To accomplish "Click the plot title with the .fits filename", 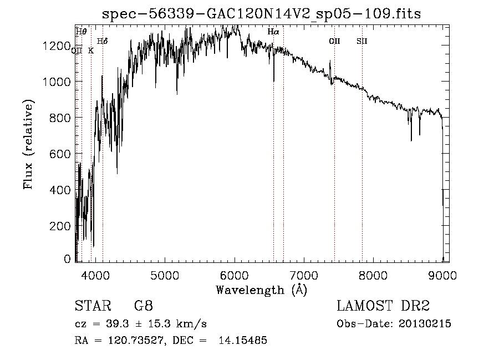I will pos(262,14).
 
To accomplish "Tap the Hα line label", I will pos(273,32).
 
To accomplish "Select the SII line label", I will pos(362,41).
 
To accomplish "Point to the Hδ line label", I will pos(103,41).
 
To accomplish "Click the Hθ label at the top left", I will pos(81,32).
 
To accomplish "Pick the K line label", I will pos(91,50).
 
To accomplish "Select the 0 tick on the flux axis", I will pos(68,258).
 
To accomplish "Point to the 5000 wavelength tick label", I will pos(164,275).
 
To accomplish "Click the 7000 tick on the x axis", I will pos(303,275).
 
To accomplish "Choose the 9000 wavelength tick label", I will pos(442,275).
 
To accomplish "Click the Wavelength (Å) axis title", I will pos(261,290).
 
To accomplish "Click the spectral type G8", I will pos(143,306).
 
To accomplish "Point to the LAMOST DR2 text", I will pos(383,306).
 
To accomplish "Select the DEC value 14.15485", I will pos(244,341).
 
